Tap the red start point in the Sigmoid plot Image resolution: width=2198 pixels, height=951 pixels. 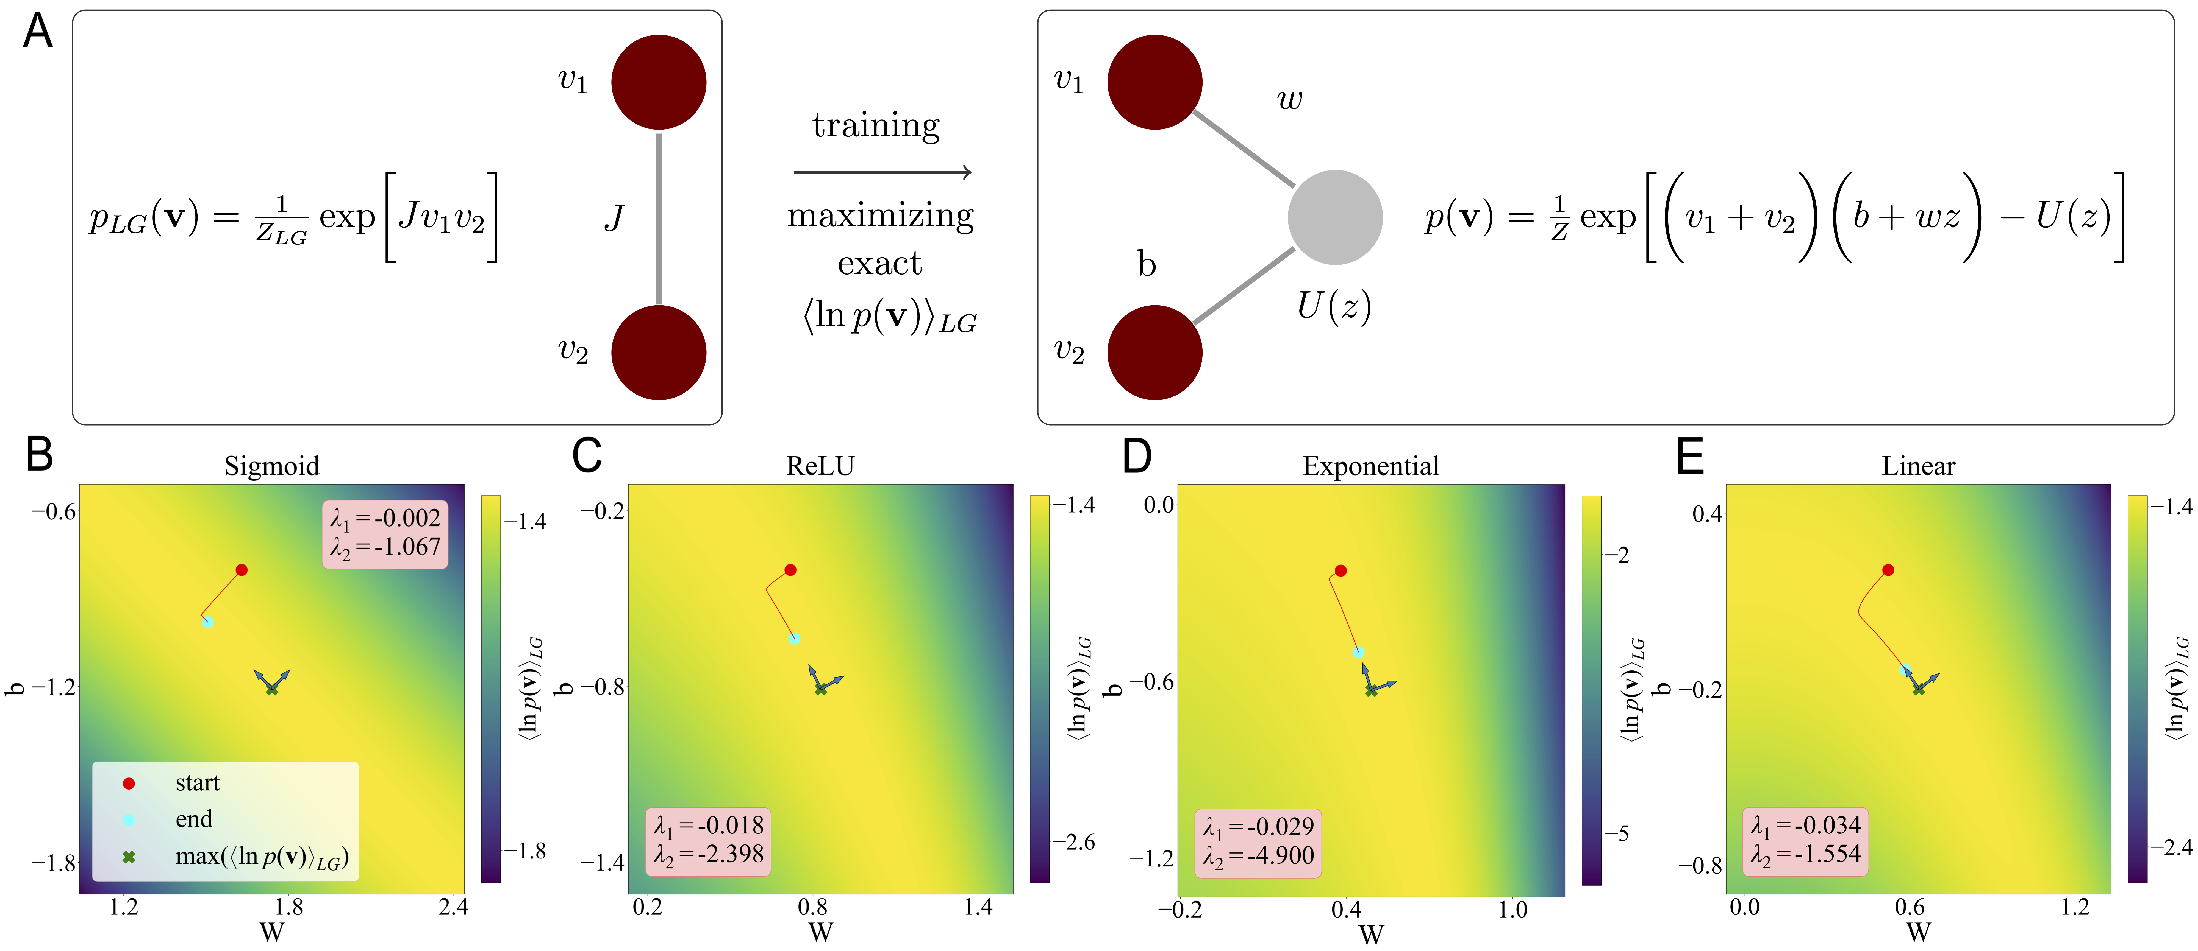242,570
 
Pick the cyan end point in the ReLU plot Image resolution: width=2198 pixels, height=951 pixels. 794,638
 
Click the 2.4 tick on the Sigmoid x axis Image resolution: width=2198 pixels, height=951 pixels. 453,907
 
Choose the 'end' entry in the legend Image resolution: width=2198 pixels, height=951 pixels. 194,820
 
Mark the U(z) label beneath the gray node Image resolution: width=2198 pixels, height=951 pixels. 1334,305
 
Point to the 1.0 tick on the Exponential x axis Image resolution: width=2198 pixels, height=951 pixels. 1513,909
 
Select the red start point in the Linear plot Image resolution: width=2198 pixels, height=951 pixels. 1888,570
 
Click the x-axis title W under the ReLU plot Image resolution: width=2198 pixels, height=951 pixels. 820,932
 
